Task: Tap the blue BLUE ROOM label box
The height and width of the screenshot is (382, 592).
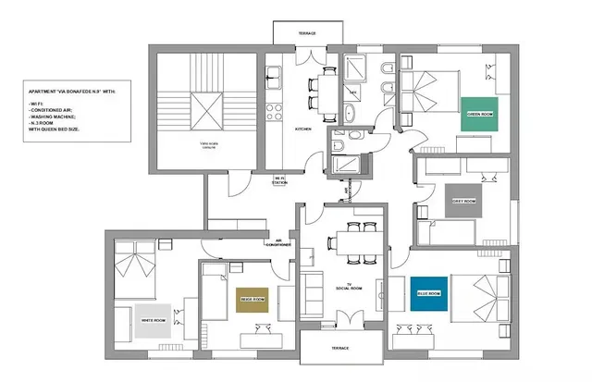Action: [428, 293]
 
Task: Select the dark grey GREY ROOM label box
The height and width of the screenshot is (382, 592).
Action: [463, 201]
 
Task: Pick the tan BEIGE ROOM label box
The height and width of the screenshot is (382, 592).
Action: [253, 299]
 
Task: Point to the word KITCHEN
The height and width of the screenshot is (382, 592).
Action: [303, 130]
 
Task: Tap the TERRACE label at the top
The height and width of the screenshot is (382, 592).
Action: [306, 33]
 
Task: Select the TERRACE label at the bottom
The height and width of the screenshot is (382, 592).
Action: [340, 348]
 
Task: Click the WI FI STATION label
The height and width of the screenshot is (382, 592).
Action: [280, 181]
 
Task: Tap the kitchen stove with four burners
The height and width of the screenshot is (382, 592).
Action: [274, 112]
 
